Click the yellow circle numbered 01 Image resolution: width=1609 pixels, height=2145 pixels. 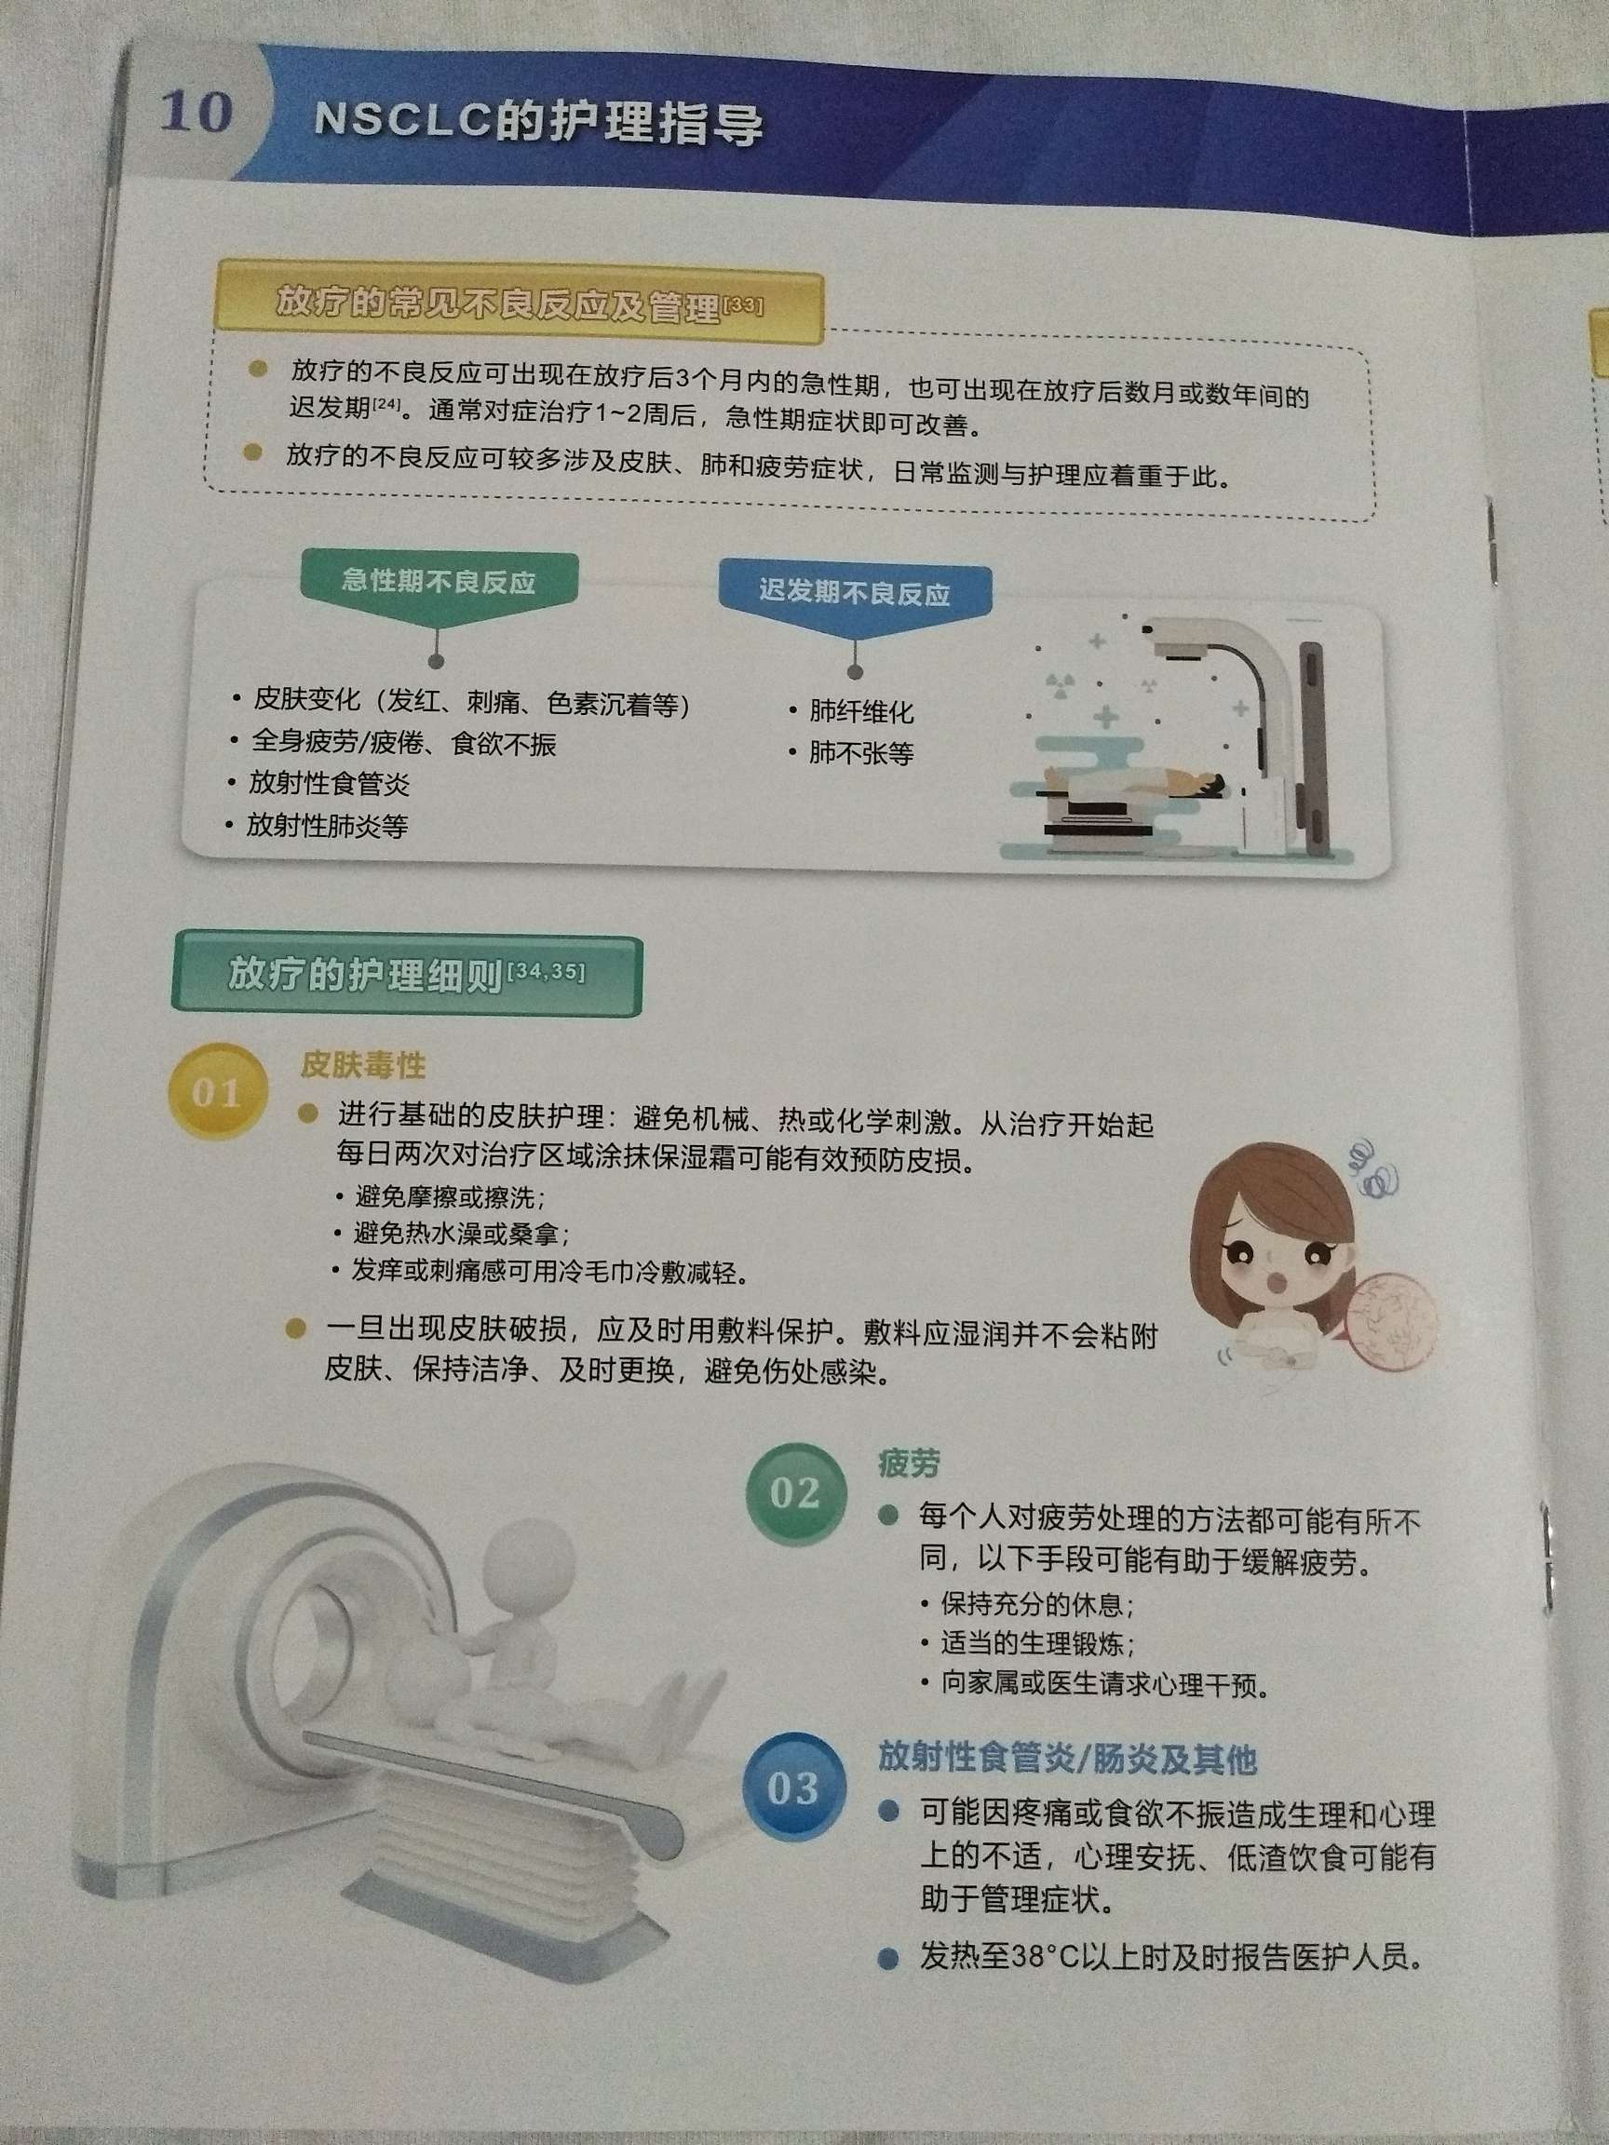click(x=215, y=1092)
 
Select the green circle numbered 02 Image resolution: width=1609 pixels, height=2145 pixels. click(x=794, y=1492)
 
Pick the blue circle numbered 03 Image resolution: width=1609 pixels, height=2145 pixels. click(x=792, y=1787)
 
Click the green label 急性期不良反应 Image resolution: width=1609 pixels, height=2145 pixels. click(x=439, y=582)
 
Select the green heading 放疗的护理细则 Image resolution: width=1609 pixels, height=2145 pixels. click(x=366, y=975)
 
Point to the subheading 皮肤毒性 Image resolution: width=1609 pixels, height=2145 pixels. click(x=363, y=1065)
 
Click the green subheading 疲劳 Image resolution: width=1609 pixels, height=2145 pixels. click(x=908, y=1464)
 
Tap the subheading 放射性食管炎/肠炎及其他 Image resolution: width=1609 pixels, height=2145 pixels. click(x=1067, y=1757)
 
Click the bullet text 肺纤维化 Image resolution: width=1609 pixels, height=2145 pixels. click(x=861, y=712)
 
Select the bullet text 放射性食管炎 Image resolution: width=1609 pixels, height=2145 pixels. click(x=330, y=784)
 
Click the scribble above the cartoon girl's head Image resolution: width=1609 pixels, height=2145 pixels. click(x=1375, y=1167)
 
